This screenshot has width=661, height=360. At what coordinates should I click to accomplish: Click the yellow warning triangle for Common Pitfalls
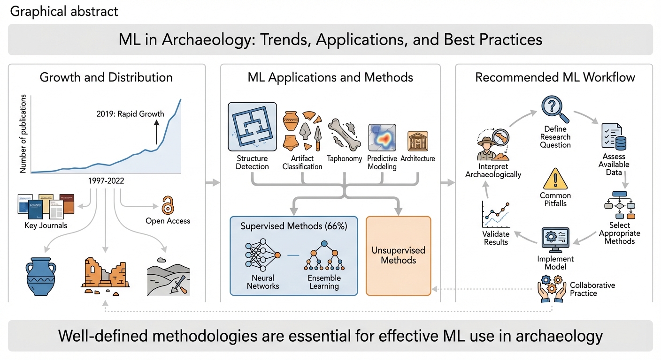click(x=555, y=179)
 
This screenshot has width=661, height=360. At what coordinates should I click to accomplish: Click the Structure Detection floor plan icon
click(x=252, y=127)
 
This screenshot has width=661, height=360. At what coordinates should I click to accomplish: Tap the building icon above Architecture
click(x=418, y=141)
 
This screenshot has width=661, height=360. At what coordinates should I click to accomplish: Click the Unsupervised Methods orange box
click(x=398, y=255)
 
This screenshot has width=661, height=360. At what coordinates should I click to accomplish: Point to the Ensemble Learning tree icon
click(x=324, y=256)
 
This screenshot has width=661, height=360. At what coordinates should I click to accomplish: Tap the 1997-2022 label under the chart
click(x=106, y=181)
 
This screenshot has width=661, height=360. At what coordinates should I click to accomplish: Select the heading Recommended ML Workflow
click(x=555, y=77)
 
